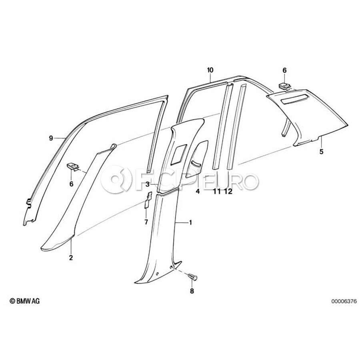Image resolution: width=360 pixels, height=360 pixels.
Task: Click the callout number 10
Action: [x=210, y=70]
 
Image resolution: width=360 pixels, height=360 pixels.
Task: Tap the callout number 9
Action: [x=51, y=138]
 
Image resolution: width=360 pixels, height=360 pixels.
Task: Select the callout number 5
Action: [x=322, y=152]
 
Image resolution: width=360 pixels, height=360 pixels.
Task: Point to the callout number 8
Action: [x=192, y=291]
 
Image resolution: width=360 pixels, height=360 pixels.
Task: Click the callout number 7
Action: [x=146, y=222]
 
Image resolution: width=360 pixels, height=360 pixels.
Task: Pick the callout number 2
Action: [x=71, y=258]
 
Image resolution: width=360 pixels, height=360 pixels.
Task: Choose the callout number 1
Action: [x=190, y=222]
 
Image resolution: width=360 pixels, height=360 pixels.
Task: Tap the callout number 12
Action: [x=229, y=191]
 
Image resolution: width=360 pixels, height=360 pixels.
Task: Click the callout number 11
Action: [x=217, y=191]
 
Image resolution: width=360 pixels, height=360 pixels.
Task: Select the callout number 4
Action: [x=198, y=191]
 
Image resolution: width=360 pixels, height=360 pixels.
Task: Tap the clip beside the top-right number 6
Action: [x=284, y=86]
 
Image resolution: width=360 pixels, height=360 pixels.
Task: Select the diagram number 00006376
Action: [x=344, y=301]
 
